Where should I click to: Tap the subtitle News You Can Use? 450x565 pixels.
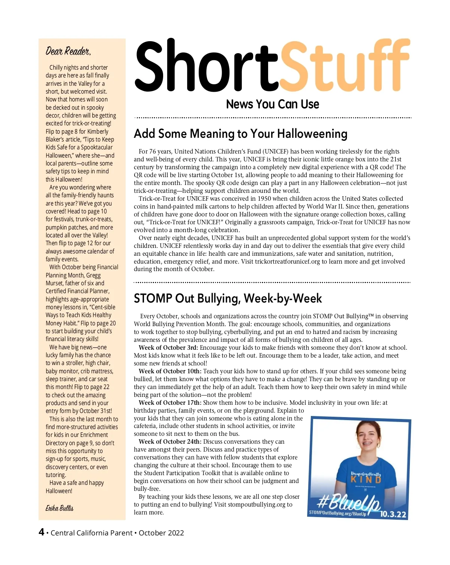(x=273, y=104)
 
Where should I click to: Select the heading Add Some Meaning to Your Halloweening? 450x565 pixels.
(x=241, y=134)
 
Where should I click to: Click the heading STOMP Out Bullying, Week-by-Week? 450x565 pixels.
(x=228, y=298)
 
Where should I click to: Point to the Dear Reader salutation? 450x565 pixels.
(x=68, y=51)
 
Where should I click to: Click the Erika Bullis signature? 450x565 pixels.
(x=60, y=508)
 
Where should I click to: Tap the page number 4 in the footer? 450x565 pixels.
(x=42, y=532)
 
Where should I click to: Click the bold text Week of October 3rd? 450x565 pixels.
(x=168, y=348)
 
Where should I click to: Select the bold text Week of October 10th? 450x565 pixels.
(x=170, y=371)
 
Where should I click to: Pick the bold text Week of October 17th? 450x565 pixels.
(x=170, y=403)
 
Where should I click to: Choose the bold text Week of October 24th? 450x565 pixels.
(x=170, y=442)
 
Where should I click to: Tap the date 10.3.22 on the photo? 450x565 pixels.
(x=393, y=514)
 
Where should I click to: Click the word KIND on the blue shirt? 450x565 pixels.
(x=366, y=480)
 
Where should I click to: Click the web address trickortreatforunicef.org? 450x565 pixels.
(x=288, y=261)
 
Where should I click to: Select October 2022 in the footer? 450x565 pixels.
(x=161, y=533)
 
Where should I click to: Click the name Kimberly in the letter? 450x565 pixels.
(x=97, y=131)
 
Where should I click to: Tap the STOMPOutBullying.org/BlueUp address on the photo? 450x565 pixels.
(x=337, y=513)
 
